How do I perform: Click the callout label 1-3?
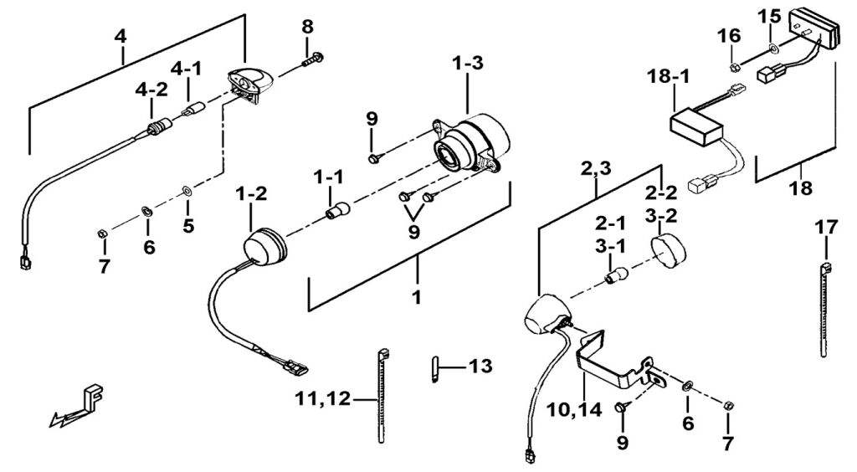468,63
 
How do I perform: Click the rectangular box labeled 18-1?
697,129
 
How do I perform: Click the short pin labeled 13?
435,369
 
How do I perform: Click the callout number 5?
188,226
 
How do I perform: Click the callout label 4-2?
152,90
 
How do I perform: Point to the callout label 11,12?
322,398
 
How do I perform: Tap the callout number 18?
800,188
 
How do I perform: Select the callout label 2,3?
596,170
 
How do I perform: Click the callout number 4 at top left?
121,37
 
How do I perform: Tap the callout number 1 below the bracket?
417,298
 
